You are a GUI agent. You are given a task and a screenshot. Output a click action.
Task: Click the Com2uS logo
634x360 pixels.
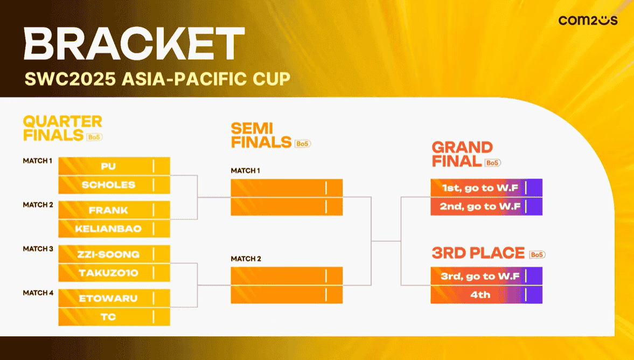pos(588,20)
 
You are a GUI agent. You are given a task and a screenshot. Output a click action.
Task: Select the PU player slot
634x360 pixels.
pos(114,166)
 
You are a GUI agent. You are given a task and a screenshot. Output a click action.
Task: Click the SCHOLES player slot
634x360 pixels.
pos(114,185)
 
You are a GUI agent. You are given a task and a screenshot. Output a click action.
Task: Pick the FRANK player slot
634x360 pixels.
pos(114,210)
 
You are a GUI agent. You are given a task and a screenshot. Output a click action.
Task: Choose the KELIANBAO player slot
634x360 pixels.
pos(114,229)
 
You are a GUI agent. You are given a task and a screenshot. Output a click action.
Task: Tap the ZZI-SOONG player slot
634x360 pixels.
pos(114,254)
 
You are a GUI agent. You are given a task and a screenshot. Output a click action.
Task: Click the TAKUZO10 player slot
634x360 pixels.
pos(114,273)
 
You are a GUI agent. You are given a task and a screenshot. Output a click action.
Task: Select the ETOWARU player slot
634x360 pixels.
pos(114,298)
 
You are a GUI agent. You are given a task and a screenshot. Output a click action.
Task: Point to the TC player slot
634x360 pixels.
pos(114,317)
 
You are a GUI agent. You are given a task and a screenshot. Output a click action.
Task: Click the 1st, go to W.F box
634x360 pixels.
pos(486,188)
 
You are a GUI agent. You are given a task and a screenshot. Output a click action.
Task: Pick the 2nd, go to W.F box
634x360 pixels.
pos(486,206)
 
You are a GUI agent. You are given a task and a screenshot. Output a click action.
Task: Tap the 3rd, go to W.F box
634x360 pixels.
pos(486,276)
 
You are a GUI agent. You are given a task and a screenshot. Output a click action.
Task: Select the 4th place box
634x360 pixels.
pos(486,294)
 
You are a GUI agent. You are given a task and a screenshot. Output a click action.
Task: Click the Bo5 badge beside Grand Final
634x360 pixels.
pos(493,163)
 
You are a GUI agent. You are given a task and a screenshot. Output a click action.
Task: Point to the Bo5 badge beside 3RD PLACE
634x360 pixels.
pos(538,254)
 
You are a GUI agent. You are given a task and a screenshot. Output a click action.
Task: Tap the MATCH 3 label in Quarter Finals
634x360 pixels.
pos(38,249)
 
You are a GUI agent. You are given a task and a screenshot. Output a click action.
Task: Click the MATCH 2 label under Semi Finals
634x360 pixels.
pos(246,259)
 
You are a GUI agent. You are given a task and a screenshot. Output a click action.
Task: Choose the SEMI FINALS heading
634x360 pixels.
pos(261,135)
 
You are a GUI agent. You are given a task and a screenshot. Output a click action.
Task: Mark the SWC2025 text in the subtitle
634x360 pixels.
pos(71,79)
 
